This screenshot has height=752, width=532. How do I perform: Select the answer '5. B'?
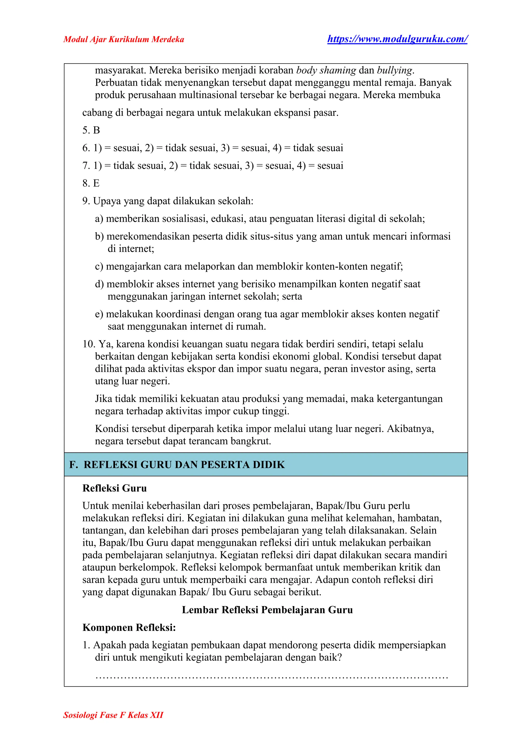coord(91,130)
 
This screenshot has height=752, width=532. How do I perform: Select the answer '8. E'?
coord(91,183)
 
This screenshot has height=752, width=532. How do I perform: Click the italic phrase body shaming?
coord(326,70)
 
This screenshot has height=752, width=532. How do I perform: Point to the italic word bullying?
coord(395,70)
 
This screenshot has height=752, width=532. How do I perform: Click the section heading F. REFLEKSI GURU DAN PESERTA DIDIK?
coord(177,465)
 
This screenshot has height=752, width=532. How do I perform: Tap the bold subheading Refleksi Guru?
coord(114,488)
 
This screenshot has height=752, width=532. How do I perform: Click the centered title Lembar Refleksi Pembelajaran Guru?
coord(267,610)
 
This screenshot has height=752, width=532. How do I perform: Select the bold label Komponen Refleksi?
coord(129,628)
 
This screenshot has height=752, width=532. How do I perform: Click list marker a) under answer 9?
coord(99,219)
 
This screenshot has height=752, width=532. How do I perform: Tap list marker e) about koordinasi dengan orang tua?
coord(99,314)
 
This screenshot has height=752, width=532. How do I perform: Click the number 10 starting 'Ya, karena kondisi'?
coord(88,344)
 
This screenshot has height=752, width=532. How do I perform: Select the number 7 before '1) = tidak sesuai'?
coord(86,166)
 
